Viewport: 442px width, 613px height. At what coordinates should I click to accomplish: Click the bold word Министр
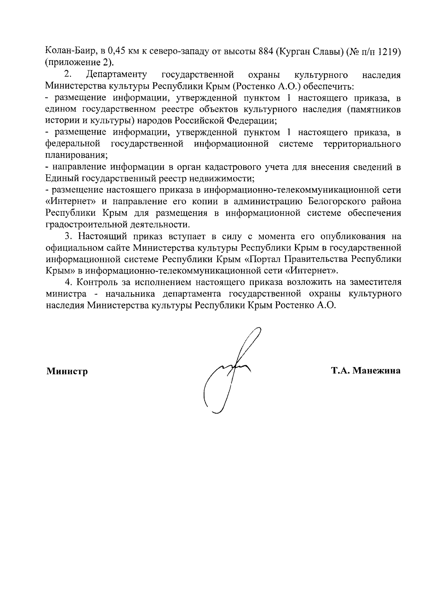point(67,371)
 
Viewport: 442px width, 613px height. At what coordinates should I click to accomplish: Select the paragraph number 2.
point(67,75)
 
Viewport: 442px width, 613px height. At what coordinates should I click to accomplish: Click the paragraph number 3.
point(67,236)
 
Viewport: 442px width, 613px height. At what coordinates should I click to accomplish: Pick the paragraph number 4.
point(67,282)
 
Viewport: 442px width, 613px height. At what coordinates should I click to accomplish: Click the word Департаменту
point(116,75)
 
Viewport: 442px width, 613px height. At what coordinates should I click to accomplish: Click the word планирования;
point(77,155)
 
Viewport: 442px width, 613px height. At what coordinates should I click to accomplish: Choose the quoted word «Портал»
point(264,259)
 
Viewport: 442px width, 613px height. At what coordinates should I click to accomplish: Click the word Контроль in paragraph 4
point(97,282)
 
